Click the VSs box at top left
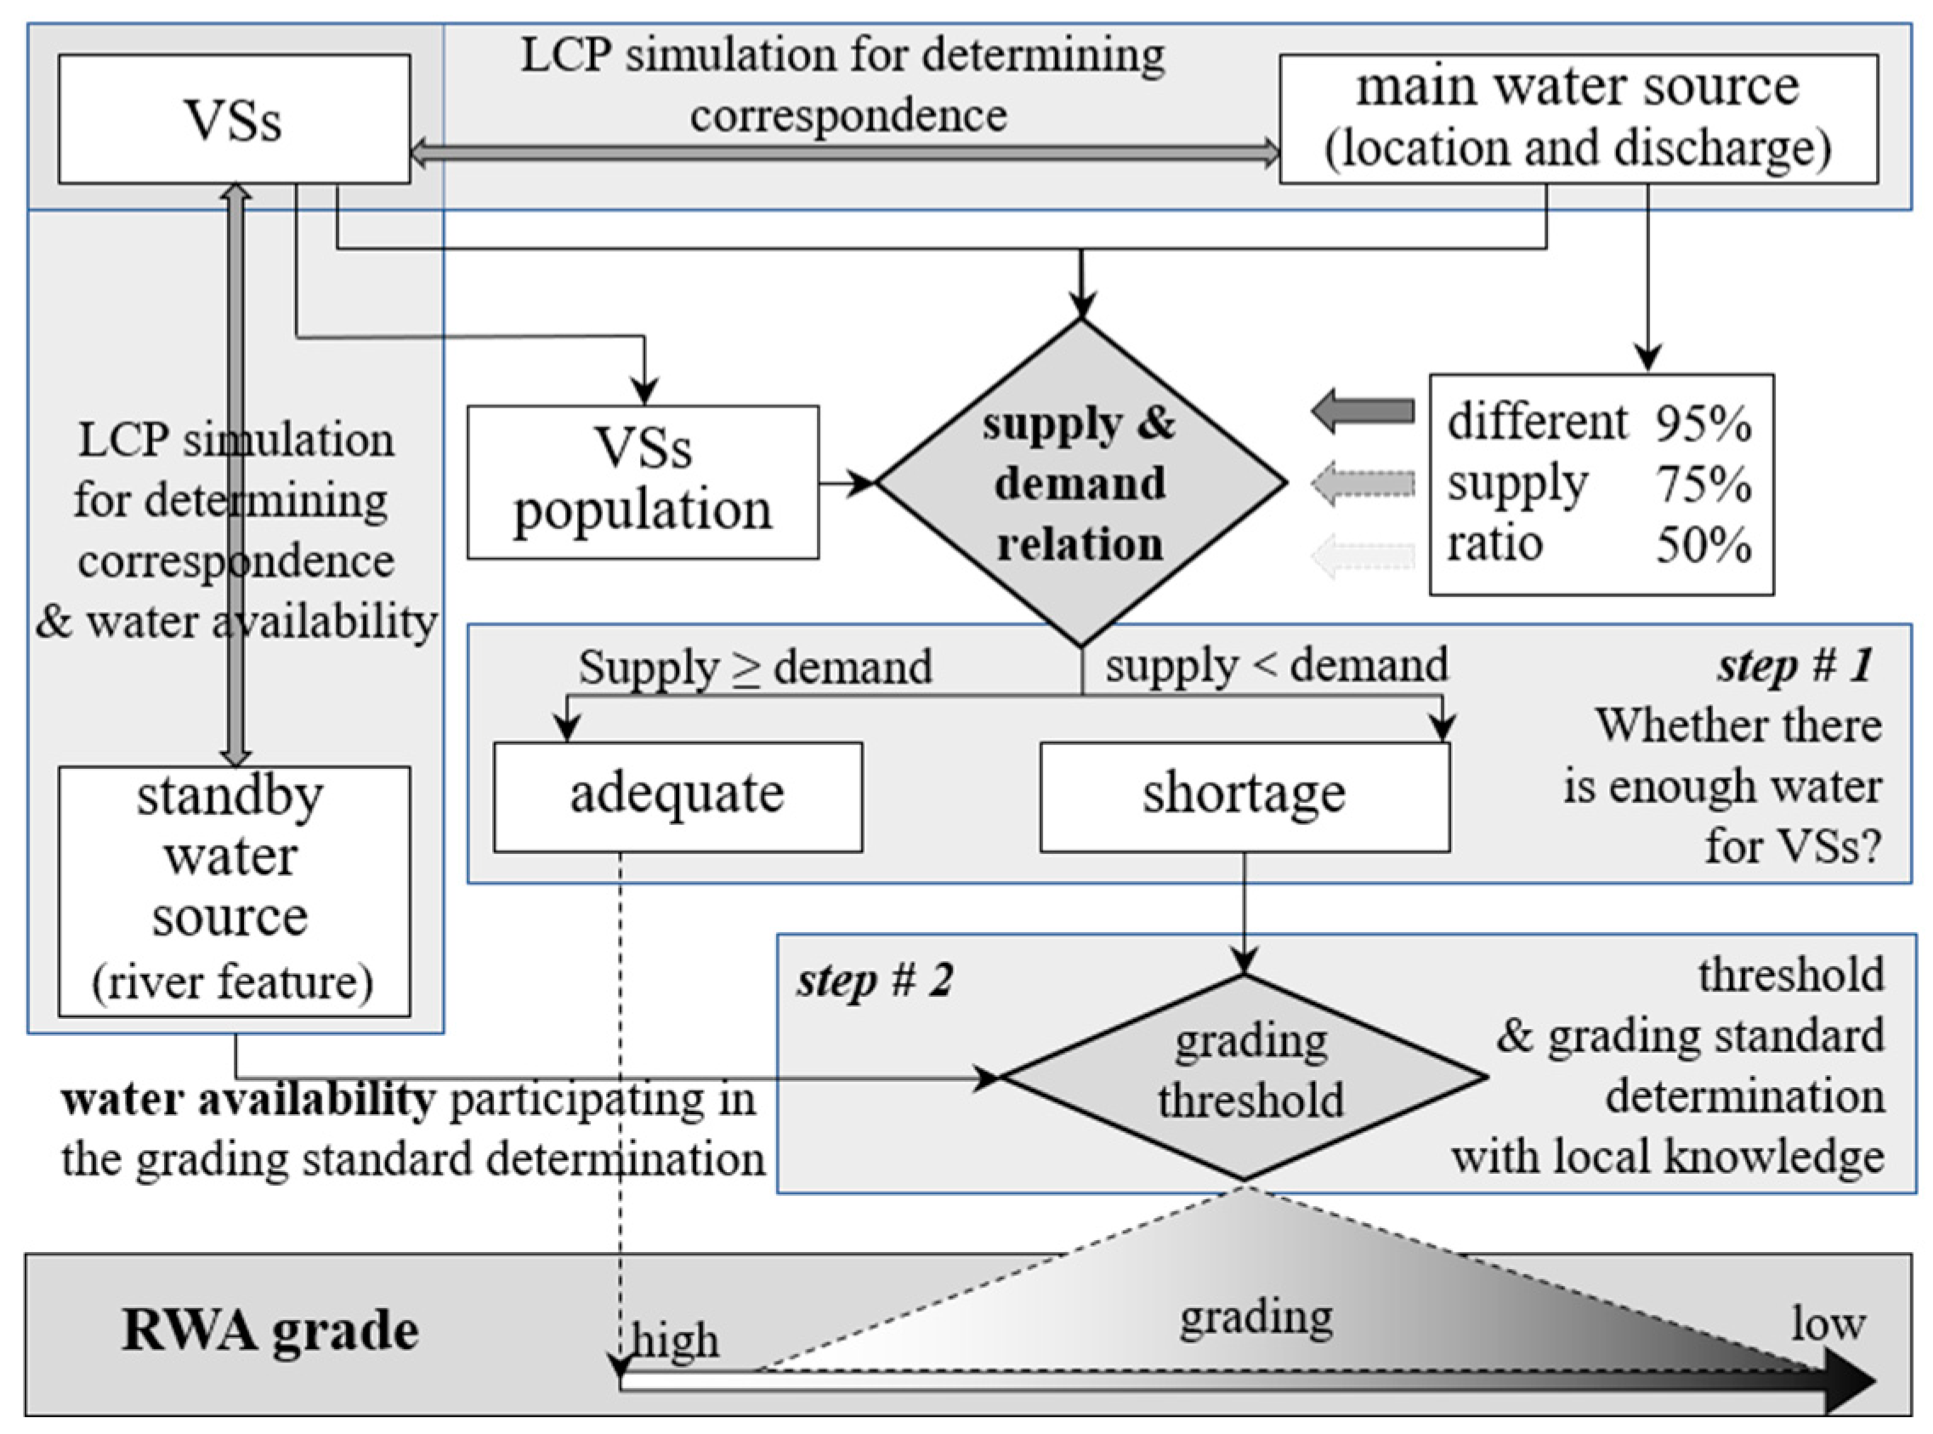tap(234, 119)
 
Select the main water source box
tap(1579, 119)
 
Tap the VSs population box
tap(643, 481)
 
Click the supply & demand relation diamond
tap(1081, 483)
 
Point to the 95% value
tap(1703, 424)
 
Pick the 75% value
tap(1703, 483)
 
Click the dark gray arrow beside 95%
tap(1363, 411)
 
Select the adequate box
tap(677, 795)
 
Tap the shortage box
tap(1244, 795)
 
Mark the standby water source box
tap(234, 890)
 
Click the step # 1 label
tap(1795, 667)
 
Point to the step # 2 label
tap(875, 981)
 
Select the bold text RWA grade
tap(269, 1331)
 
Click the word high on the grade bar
tap(675, 1340)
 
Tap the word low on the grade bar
tap(1828, 1323)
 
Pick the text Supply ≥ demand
tap(755, 668)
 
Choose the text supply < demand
tap(1276, 666)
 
